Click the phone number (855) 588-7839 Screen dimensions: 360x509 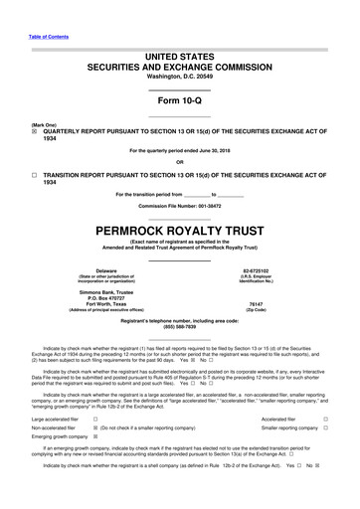point(179,329)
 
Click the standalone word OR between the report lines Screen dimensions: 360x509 point(179,162)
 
